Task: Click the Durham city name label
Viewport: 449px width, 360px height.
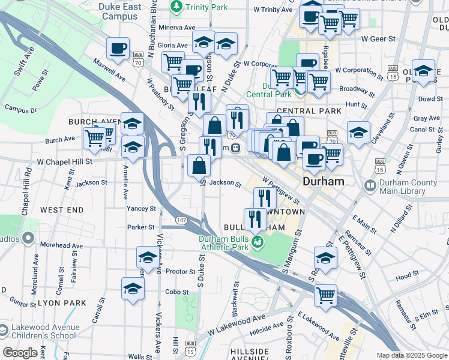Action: coord(324,181)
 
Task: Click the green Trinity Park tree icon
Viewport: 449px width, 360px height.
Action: coord(176,7)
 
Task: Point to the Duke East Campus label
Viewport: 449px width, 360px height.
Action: coord(121,11)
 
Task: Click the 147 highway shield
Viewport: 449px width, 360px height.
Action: coord(181,221)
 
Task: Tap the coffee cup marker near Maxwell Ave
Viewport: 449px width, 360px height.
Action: coord(118,47)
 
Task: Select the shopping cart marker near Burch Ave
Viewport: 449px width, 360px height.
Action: coord(94,138)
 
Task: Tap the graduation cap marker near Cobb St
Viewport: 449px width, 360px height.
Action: coord(133,289)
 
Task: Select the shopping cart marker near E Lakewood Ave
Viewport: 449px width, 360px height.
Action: coord(325,295)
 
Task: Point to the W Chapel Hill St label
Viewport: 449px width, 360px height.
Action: coord(65,161)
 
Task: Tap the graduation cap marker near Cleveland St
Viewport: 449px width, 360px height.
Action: coord(358,132)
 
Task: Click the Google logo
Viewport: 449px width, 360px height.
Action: coord(20,353)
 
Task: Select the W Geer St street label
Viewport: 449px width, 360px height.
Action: coord(378,38)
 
